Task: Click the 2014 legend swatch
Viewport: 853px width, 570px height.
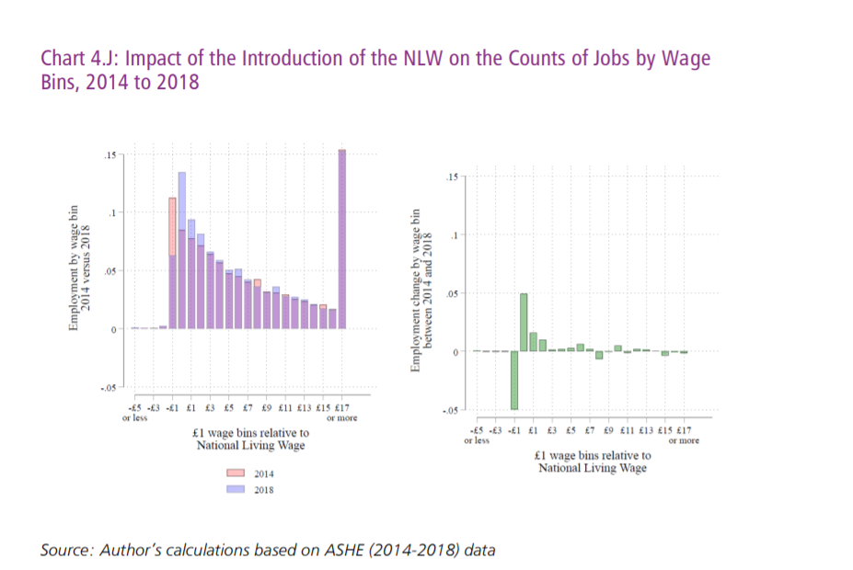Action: point(236,473)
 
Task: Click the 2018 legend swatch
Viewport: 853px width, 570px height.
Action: point(236,490)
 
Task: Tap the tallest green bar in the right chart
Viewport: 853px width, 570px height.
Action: point(524,322)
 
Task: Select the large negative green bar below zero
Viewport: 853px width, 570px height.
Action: point(514,381)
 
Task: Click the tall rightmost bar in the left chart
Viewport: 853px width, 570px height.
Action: point(342,239)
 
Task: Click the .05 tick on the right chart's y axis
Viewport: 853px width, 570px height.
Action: point(451,293)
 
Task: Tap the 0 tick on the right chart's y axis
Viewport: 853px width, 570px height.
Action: point(454,352)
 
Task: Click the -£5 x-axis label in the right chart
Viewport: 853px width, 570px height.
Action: point(477,430)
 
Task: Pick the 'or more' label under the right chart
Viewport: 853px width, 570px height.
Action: point(684,440)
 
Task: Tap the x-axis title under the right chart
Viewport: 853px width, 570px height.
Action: point(592,462)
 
